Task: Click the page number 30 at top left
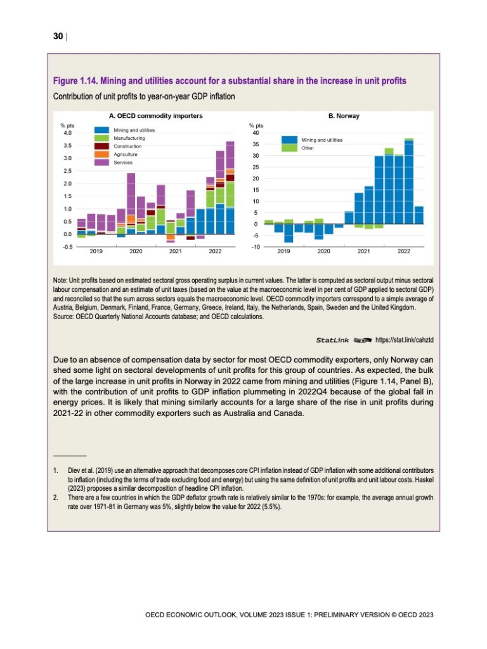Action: (x=57, y=37)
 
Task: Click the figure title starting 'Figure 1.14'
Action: (x=230, y=82)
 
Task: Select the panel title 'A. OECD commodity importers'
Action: (x=156, y=117)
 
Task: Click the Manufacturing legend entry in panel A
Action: (x=129, y=138)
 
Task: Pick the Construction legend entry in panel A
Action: (x=128, y=146)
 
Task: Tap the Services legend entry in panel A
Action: (x=124, y=163)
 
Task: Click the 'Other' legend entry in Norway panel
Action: (x=308, y=148)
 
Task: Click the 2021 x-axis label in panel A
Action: (x=176, y=252)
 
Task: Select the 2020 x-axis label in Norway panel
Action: (x=323, y=252)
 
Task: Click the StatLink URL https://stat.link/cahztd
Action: (x=405, y=340)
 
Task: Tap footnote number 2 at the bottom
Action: (x=56, y=498)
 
